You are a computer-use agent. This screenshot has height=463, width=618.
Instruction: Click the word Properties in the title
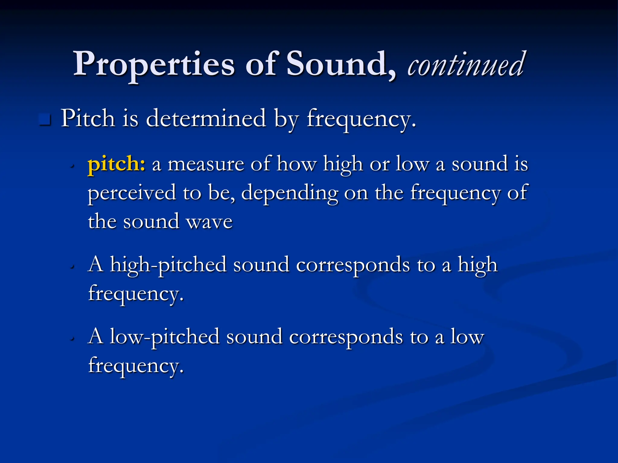coord(154,64)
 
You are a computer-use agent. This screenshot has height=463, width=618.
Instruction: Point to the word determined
coord(206,118)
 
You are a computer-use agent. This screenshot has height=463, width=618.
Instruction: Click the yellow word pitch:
coord(116,164)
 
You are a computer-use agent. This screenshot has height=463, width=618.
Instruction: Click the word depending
coord(289,193)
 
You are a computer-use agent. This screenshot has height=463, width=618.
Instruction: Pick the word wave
coord(209,222)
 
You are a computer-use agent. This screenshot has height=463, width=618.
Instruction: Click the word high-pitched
coord(168,265)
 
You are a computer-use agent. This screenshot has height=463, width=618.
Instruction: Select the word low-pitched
coord(164,336)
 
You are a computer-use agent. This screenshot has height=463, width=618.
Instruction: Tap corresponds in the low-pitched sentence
coord(346,337)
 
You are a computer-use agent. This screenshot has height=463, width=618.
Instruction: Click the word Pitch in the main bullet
coord(88,118)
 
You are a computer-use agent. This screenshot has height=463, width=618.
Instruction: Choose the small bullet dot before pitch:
coord(72,166)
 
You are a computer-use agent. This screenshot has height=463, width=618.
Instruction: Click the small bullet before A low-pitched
coord(72,339)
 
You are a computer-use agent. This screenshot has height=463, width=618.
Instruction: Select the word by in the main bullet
coord(286,119)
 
